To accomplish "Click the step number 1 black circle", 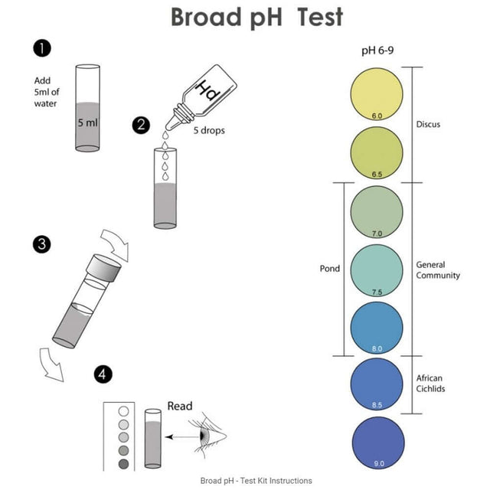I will (42, 50).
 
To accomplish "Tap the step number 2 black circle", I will (140, 125).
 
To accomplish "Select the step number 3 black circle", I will (42, 245).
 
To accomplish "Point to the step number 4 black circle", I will (103, 374).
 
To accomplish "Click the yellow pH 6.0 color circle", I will (376, 94).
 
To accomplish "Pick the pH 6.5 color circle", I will (376, 152).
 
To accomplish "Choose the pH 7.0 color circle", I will (376, 211).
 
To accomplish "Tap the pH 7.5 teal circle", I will (376, 269).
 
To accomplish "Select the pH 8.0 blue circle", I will (376, 327).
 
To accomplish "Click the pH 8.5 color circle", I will (376, 384).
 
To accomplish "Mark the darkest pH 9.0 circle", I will (376, 443).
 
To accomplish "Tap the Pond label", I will (329, 269).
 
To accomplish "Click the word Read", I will (180, 406).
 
